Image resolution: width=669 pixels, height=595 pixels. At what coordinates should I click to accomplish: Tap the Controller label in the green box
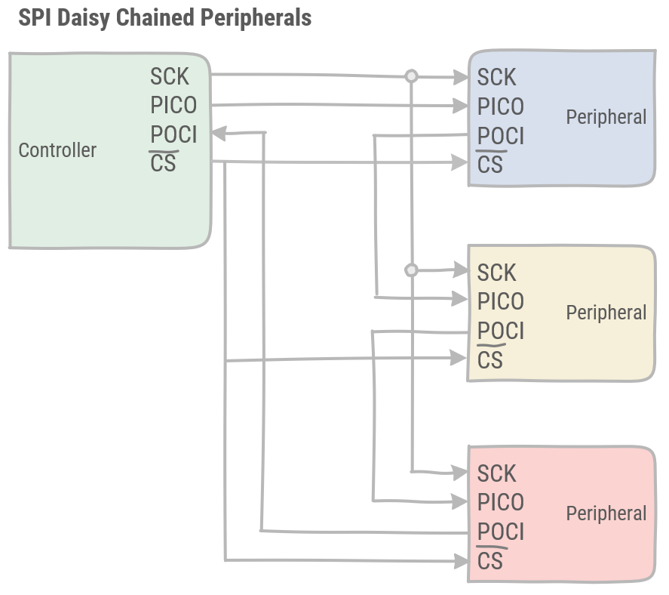coord(57,150)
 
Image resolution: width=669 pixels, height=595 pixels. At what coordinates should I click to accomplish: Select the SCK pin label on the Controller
coord(170,76)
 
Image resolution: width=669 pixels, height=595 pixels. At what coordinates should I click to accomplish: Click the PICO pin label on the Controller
coord(173,105)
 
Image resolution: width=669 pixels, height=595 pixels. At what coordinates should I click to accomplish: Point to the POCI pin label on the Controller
coord(173,134)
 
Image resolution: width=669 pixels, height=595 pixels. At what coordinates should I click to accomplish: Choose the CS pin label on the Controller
coord(164,163)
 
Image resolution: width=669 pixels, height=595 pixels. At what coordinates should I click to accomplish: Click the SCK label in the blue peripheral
coord(496,77)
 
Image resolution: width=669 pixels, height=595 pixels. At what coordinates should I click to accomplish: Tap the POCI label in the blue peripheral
coord(500,136)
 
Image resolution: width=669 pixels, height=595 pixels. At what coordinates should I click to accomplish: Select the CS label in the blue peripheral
coord(490,164)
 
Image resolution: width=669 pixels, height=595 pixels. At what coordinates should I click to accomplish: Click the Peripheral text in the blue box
coord(606,117)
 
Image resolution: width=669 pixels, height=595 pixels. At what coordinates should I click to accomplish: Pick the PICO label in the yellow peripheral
coord(500,301)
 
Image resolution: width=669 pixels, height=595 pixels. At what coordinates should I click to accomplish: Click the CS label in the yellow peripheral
coord(490,360)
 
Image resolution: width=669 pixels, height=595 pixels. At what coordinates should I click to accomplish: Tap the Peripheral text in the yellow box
coord(606,313)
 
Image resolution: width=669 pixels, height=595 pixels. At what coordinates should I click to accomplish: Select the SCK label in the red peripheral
coord(496,473)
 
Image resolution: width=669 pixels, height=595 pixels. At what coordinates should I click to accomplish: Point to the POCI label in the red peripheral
coord(500,532)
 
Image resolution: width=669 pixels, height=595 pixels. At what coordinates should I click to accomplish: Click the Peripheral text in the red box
coord(606,513)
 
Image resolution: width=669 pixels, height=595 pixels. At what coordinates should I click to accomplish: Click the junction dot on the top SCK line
coord(411,76)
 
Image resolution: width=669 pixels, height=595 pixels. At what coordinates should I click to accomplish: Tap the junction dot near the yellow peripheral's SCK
coord(411,270)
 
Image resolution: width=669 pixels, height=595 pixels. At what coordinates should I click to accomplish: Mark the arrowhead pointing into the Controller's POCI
coord(219,134)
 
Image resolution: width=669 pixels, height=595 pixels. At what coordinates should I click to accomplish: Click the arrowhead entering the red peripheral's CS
coord(461,560)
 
